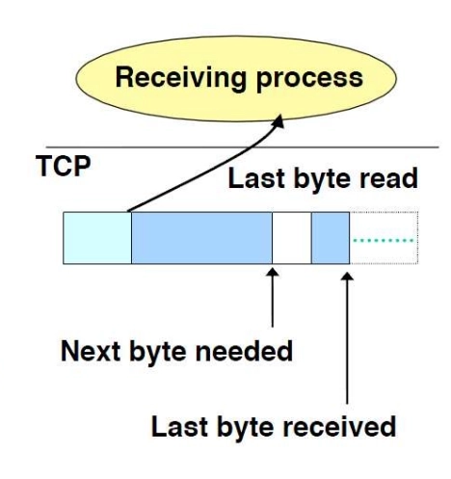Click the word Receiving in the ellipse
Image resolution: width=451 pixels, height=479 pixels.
point(181,78)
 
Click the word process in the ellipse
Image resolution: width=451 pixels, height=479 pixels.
point(309,80)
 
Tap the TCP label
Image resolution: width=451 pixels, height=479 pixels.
point(64,166)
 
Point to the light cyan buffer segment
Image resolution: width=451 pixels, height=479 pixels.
point(97,238)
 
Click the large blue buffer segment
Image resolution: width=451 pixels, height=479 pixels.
point(201,238)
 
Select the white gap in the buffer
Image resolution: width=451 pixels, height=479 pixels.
point(292,238)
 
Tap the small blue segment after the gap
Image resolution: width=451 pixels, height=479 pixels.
point(331,238)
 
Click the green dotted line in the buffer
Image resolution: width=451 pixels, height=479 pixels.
point(383,240)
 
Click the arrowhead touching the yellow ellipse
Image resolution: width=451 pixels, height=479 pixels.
point(278,121)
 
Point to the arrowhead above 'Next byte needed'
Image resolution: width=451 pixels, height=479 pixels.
point(273,273)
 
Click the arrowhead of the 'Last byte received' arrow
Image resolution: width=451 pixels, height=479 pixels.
point(347,277)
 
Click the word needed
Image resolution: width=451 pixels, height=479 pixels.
point(244,351)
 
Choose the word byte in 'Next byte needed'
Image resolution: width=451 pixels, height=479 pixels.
point(158,353)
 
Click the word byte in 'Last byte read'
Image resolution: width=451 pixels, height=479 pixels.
point(322,179)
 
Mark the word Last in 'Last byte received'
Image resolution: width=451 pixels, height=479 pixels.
point(179,427)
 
